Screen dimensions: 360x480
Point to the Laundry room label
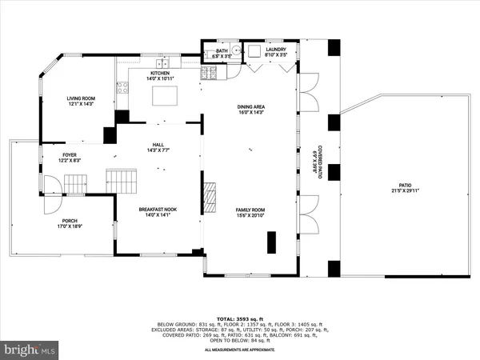tap(264, 50)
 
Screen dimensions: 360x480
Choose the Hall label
tap(158, 145)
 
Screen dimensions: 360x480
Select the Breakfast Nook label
tap(157, 210)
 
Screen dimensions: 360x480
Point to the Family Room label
tap(250, 210)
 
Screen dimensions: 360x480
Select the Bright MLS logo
tap(30, 350)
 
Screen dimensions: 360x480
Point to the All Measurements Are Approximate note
tap(240, 350)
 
